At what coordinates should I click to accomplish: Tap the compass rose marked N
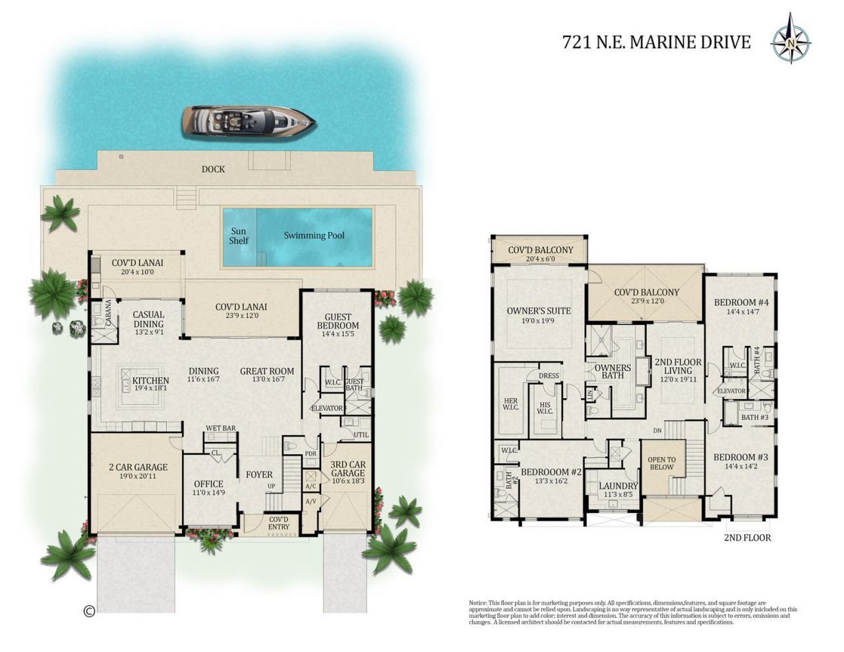(x=791, y=42)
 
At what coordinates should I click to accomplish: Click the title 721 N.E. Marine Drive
(x=656, y=42)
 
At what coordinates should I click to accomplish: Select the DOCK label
(x=213, y=169)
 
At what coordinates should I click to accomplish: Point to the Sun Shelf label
(x=239, y=236)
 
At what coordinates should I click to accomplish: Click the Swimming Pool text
(x=314, y=235)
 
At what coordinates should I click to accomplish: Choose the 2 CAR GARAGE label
(x=138, y=467)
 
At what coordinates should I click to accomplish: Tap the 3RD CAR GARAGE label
(x=347, y=469)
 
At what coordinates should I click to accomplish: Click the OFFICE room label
(x=208, y=484)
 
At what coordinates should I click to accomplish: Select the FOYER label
(x=259, y=475)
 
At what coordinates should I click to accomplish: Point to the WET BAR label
(x=220, y=429)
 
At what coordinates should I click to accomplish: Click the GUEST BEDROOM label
(x=338, y=321)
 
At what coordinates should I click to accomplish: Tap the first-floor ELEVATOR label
(x=326, y=408)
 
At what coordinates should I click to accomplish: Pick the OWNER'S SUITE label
(x=539, y=311)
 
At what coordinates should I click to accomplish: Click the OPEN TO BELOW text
(x=661, y=463)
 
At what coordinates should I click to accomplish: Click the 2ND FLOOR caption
(x=747, y=537)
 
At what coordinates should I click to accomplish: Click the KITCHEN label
(x=150, y=380)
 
